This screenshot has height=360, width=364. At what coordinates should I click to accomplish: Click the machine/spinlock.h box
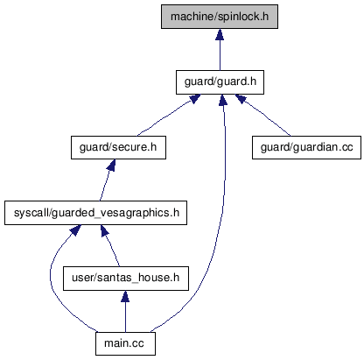[x=220, y=17]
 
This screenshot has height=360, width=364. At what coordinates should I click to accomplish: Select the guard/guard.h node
[x=220, y=82]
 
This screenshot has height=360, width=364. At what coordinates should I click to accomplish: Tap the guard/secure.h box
[x=118, y=147]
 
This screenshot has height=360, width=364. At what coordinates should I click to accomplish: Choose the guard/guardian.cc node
[x=306, y=147]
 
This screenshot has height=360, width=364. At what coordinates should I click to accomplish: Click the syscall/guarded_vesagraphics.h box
[x=95, y=213]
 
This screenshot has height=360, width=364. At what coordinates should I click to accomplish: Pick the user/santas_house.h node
[x=126, y=279]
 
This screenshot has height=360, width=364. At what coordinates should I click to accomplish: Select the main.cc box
[x=125, y=343]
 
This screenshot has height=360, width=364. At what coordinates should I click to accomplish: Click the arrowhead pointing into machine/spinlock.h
[x=220, y=34]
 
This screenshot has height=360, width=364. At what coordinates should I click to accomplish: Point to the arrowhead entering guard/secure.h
[x=111, y=165]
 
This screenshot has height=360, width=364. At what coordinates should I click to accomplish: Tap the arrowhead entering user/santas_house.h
[x=125, y=296]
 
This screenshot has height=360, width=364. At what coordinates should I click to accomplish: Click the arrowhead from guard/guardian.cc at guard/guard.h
[x=241, y=98]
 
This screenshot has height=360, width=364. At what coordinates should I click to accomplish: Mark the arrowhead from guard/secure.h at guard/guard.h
[x=195, y=98]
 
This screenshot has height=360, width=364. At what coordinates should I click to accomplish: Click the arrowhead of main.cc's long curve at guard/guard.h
[x=223, y=100]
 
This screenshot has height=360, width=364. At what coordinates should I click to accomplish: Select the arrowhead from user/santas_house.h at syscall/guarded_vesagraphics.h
[x=104, y=230]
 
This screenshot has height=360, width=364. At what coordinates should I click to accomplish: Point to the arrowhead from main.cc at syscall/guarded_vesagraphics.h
[x=75, y=230]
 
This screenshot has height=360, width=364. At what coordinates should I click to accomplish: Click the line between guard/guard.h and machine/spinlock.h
[x=220, y=55]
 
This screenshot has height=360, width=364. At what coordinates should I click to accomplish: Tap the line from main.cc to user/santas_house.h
[x=125, y=317]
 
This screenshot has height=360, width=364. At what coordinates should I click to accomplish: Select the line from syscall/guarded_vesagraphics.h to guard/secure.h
[x=104, y=186]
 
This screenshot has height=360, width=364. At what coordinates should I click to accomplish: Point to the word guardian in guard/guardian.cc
[x=315, y=147]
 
